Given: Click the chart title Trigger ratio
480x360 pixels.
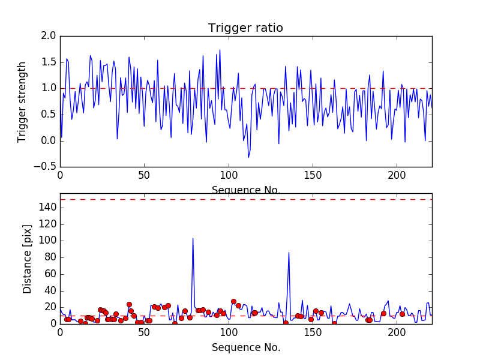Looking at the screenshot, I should (245, 28).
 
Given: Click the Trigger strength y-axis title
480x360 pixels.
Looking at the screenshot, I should (22, 101).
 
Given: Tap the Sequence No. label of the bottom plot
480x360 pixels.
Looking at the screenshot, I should (246, 347).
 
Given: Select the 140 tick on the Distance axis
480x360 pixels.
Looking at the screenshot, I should (47, 208).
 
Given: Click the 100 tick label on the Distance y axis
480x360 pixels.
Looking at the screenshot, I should (47, 241).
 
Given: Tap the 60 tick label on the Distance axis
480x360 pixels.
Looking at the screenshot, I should (50, 274).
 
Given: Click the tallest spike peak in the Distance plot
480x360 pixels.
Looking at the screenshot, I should (193, 238).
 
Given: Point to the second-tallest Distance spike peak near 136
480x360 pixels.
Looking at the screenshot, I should (289, 253).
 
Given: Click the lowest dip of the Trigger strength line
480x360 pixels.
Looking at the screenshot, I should (248, 157).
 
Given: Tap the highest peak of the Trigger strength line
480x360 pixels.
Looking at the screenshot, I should (220, 50).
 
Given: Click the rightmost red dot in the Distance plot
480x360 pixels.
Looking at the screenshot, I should (402, 314).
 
